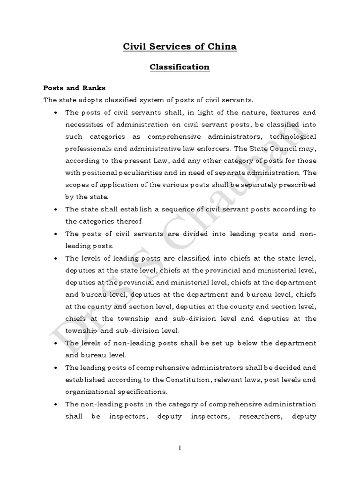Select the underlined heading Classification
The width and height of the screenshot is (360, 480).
coord(180,67)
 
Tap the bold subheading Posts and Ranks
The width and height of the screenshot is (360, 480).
coord(75,88)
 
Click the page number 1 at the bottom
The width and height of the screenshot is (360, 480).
coord(180,448)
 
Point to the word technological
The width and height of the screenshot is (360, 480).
coord(292,136)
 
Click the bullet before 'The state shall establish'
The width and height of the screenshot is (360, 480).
coord(56,210)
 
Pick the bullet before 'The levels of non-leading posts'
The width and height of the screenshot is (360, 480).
coord(56,343)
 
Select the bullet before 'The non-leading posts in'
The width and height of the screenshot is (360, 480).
coord(56,404)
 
